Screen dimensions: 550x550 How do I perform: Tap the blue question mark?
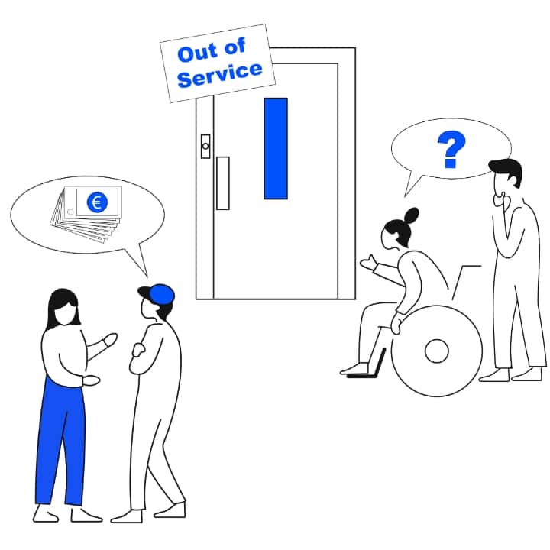point(451,150)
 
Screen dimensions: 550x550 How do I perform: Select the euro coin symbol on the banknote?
point(96,202)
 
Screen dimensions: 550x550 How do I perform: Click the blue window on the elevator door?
point(276,148)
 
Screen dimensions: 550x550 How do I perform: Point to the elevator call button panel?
point(205,146)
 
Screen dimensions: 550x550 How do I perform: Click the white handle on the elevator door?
point(223,183)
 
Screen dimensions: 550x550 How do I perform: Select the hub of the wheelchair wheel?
point(436,351)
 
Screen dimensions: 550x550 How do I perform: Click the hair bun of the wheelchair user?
point(412,214)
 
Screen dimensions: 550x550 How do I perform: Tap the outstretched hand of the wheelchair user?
point(367,263)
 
